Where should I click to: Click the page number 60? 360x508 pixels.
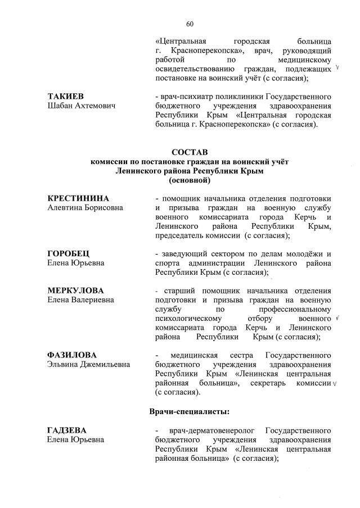[190, 24]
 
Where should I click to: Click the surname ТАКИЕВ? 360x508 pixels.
[65, 96]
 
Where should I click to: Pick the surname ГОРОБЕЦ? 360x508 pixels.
[67, 253]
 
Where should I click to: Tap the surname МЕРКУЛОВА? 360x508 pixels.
[75, 291]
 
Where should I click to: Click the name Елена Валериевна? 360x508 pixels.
[80, 300]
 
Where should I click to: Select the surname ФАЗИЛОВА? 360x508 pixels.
[72, 355]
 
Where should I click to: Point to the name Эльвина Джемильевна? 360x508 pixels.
[88, 364]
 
